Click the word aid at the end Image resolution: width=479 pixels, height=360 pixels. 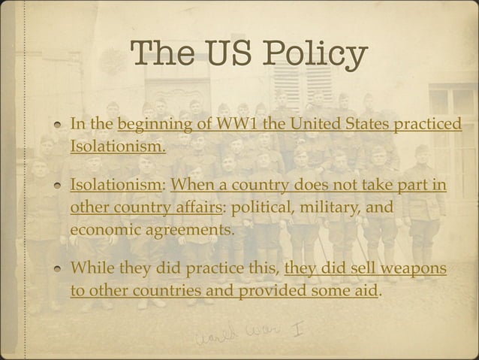click(x=366, y=290)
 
